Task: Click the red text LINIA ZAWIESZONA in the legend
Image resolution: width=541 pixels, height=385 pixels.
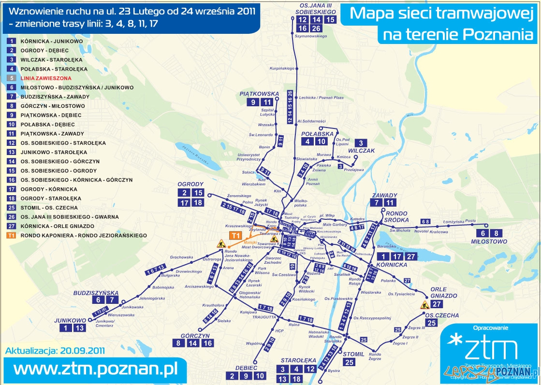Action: click(x=46, y=78)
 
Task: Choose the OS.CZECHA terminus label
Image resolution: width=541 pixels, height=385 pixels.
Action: click(x=442, y=315)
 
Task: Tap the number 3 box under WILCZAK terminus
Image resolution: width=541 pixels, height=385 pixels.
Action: click(x=360, y=143)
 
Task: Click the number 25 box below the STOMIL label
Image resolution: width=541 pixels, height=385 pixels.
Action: click(x=349, y=362)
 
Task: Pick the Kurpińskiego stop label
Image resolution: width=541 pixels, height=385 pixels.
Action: click(x=282, y=69)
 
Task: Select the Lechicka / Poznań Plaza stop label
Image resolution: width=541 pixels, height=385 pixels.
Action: click(x=321, y=98)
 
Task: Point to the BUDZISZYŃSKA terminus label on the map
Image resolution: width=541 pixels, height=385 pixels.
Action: click(x=96, y=293)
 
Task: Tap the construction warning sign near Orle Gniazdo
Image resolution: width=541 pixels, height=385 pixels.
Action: click(x=425, y=305)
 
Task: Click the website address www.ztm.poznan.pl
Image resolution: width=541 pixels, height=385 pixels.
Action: click(x=95, y=369)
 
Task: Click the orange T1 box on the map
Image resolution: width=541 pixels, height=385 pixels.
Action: click(x=235, y=235)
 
